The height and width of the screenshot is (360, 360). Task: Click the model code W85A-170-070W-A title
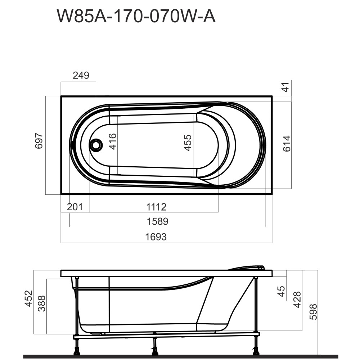[x=136, y=16]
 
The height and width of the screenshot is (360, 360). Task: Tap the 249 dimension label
[x=81, y=75]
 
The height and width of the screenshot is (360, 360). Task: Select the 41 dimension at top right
[x=286, y=87]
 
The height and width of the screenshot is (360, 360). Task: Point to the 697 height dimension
[x=39, y=141]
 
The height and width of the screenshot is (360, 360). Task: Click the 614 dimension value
[x=287, y=144]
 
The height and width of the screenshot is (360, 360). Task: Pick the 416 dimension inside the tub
[x=112, y=141]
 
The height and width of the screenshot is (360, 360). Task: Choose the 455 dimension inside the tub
[x=188, y=143]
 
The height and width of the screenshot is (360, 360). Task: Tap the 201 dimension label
[x=75, y=207]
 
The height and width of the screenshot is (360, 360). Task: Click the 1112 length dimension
[x=156, y=207]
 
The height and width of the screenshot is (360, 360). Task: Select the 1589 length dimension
[x=158, y=221]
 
